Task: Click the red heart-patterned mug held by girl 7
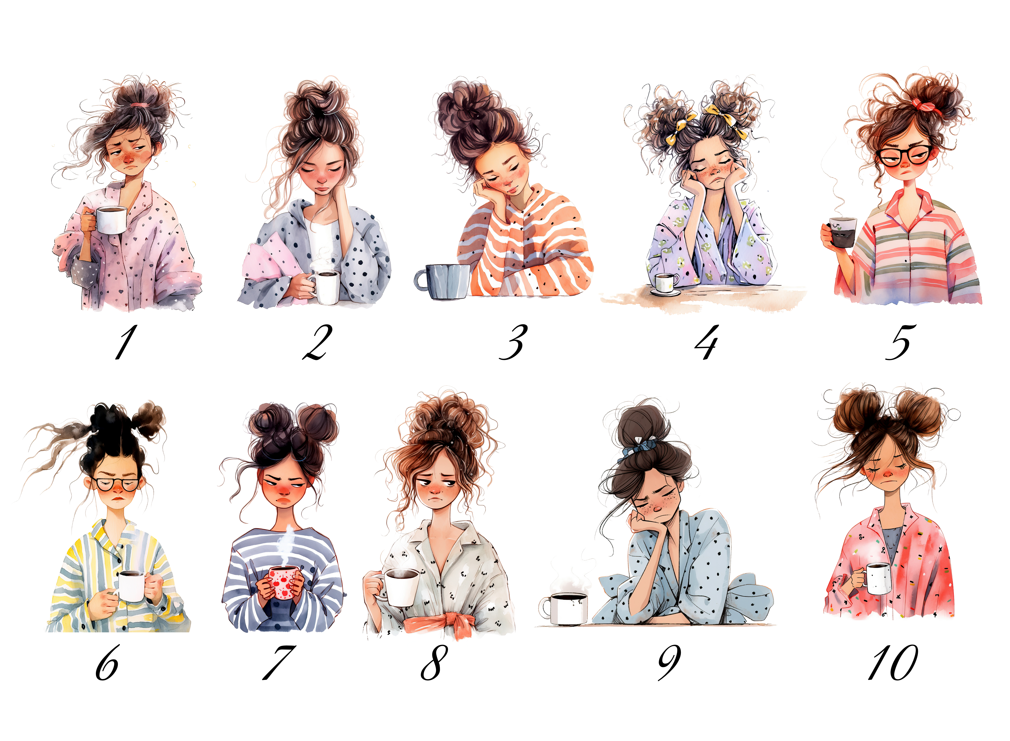pos(284,582)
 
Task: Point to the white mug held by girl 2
pos(325,287)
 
